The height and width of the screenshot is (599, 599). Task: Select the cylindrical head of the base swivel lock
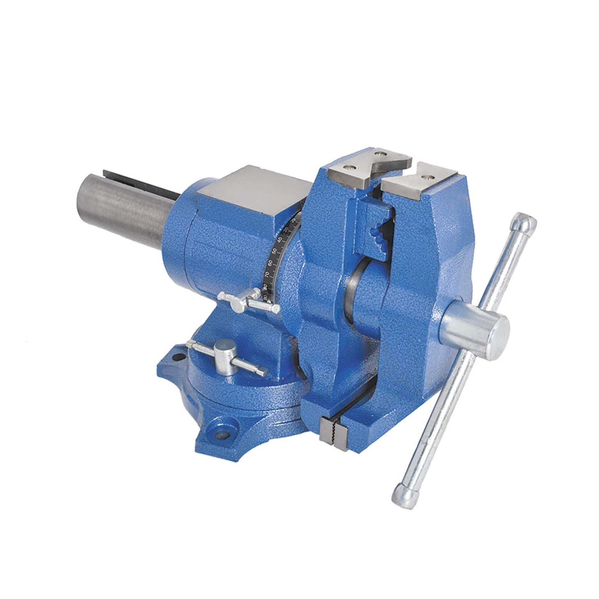pos(225,347)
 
